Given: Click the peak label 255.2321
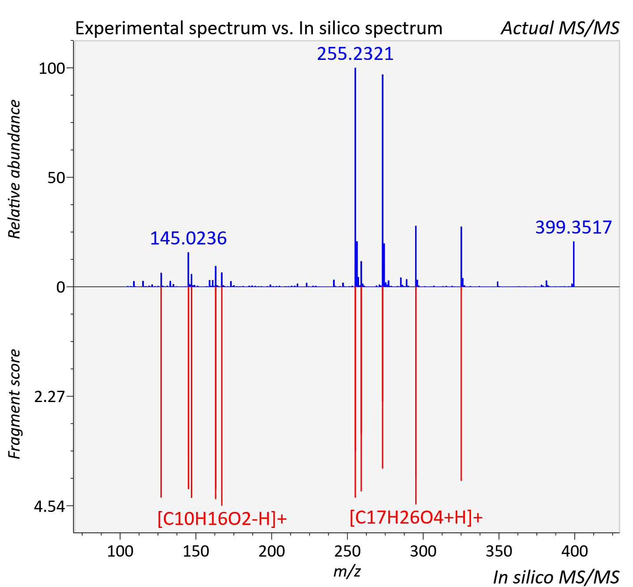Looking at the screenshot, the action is pyautogui.click(x=355, y=53).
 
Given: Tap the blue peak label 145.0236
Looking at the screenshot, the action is pyautogui.click(x=188, y=238).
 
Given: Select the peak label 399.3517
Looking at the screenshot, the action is pyautogui.click(x=573, y=227).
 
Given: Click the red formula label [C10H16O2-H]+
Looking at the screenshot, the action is pyautogui.click(x=222, y=518).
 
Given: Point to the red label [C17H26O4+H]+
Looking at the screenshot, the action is pyautogui.click(x=416, y=517).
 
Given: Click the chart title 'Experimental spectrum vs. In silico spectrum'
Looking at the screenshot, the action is pyautogui.click(x=259, y=28).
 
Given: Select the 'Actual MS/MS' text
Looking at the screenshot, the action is pyautogui.click(x=560, y=28).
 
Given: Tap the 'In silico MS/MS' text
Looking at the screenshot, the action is pyautogui.click(x=556, y=577).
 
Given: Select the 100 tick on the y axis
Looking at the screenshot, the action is pyautogui.click(x=52, y=68).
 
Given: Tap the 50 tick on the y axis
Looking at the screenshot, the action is pyautogui.click(x=56, y=178).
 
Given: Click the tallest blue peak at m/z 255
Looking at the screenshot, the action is pyautogui.click(x=355, y=177).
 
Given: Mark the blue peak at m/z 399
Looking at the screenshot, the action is pyautogui.click(x=573, y=264).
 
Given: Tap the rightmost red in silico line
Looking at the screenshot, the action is pyautogui.click(x=461, y=383).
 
